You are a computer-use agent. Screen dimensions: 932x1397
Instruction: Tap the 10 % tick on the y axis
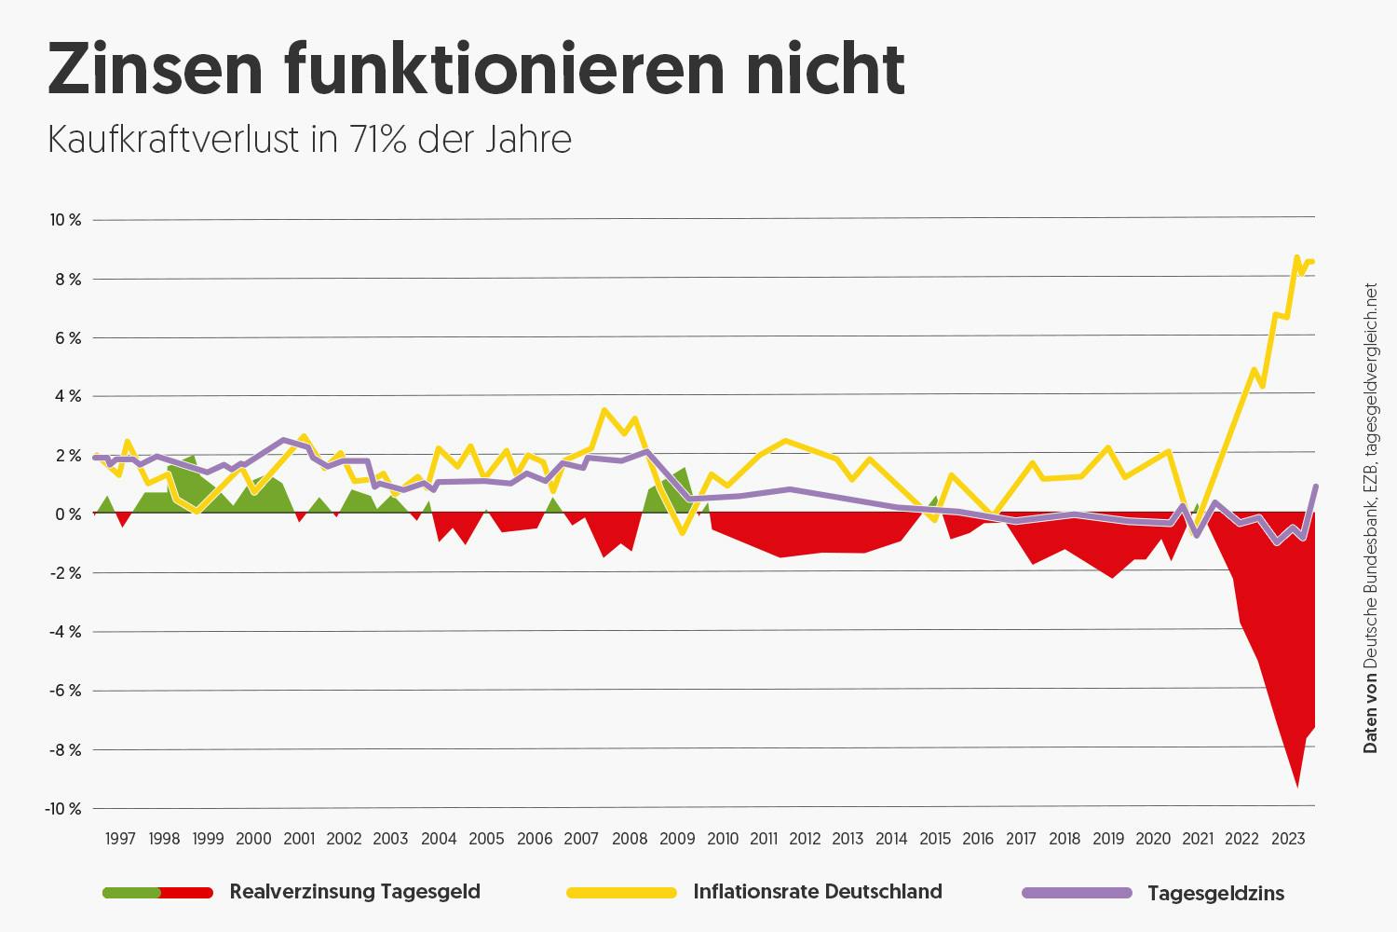click(x=65, y=220)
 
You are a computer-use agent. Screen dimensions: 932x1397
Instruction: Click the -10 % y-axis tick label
click(x=62, y=808)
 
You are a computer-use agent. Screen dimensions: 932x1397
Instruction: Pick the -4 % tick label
click(x=65, y=632)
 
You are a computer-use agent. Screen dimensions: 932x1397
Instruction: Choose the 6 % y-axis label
click(x=67, y=338)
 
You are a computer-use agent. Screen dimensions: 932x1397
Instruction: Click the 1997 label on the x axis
click(x=120, y=839)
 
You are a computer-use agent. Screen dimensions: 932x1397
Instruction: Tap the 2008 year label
click(x=630, y=839)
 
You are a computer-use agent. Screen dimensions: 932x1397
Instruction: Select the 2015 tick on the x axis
click(x=935, y=839)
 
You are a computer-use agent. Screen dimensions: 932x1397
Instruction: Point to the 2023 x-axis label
click(x=1287, y=839)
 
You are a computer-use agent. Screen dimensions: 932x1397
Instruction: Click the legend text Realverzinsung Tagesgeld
click(x=355, y=892)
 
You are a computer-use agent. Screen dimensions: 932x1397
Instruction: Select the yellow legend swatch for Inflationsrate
click(x=621, y=893)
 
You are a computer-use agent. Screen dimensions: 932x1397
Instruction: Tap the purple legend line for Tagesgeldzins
click(x=1077, y=893)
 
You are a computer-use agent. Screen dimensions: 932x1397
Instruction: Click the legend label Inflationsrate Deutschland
click(x=818, y=892)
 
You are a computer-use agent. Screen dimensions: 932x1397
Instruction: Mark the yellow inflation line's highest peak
click(x=1295, y=257)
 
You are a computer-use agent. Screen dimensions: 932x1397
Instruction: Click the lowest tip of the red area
click(x=1296, y=787)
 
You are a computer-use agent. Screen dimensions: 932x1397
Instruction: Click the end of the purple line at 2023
click(x=1315, y=487)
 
